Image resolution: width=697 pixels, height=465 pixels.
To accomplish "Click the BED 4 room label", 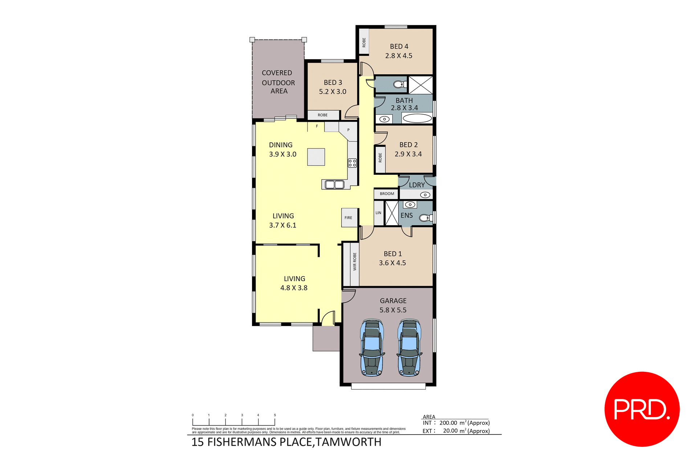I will tap(399, 46).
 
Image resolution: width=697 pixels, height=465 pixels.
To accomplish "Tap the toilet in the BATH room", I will tap(400, 85).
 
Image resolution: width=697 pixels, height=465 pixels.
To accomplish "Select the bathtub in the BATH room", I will tap(417, 118).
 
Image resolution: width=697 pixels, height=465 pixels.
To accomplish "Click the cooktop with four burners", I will tap(352, 163).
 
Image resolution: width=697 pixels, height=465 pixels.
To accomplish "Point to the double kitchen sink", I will tap(334, 185).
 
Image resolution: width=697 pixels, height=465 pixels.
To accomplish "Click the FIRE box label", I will tap(348, 218).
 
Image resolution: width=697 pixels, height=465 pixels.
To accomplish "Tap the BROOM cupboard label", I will tap(387, 194).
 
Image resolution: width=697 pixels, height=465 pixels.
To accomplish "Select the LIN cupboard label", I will tap(378, 213).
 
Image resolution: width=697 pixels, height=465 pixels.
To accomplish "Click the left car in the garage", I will tap(372, 347).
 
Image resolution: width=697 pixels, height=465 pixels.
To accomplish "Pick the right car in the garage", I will tap(409, 347).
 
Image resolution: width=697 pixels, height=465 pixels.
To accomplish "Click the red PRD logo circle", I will tap(642, 409).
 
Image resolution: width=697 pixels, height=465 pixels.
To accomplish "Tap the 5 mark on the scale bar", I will tap(275, 415).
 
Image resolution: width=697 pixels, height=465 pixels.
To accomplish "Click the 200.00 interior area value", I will tap(448, 423).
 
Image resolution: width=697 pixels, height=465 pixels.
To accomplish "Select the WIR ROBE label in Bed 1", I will tap(355, 262).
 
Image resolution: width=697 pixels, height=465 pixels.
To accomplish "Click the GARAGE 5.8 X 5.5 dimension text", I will tap(393, 310).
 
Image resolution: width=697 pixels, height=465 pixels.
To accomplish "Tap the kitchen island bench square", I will tap(316, 157).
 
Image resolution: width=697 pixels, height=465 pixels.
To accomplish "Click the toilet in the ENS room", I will tap(425, 218).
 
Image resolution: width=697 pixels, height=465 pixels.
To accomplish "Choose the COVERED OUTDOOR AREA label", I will tap(278, 82).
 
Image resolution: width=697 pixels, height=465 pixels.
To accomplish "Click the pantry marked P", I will tap(348, 131).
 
